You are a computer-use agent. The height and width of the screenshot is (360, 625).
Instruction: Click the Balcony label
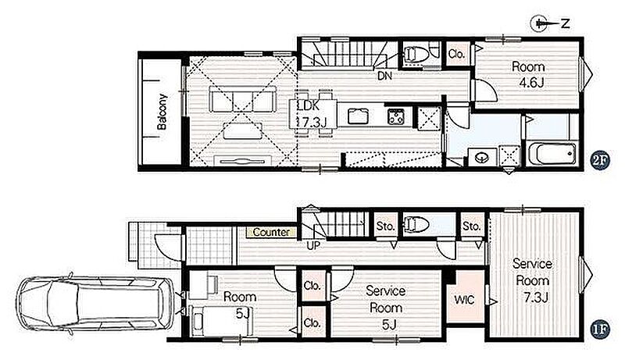point(162,112)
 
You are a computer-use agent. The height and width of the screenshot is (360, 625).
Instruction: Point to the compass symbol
point(550,23)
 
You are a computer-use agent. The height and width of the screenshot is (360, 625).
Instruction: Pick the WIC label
point(464,299)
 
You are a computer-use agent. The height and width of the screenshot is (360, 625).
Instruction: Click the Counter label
point(271,232)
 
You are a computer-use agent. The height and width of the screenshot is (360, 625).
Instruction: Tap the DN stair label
point(384,76)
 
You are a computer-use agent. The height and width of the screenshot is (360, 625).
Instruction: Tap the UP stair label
point(313,245)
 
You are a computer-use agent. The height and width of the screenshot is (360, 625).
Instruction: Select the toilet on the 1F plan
point(416,225)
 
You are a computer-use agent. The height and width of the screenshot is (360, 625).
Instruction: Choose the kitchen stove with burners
point(395,116)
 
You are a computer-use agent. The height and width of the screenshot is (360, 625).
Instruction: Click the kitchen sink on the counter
point(358,116)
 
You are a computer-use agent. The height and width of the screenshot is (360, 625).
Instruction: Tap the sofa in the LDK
point(243,99)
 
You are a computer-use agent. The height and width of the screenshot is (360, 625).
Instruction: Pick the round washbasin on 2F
point(483,158)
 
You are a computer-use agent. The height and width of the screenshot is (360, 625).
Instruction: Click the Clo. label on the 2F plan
point(456,54)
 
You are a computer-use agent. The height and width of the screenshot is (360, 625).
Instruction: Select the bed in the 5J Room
point(221,321)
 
